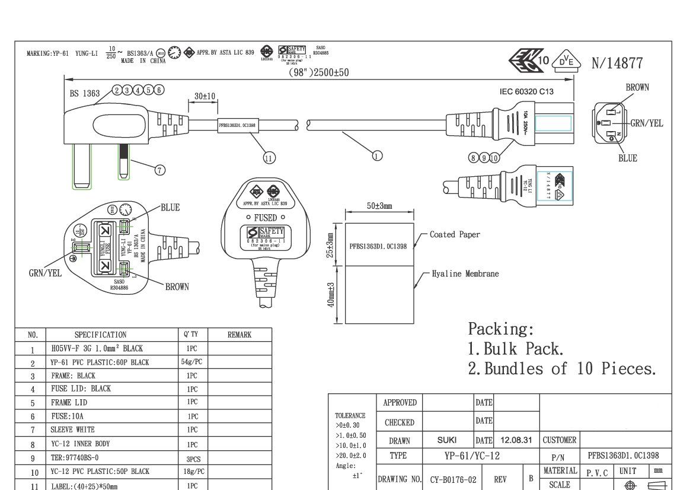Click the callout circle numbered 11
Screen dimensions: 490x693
click(269, 158)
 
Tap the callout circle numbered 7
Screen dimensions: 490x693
click(160, 170)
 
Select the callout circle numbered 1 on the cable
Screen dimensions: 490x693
click(377, 156)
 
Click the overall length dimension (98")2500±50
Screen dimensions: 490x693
click(318, 72)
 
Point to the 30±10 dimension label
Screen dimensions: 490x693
click(205, 96)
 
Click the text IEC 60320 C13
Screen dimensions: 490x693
click(526, 91)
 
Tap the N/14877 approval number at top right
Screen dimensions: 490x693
click(617, 63)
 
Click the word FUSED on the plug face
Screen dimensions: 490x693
click(265, 218)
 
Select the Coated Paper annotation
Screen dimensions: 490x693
click(455, 234)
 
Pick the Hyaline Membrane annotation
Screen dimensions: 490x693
click(465, 274)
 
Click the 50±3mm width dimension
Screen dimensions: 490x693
click(379, 206)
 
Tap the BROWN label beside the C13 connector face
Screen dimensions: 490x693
click(637, 87)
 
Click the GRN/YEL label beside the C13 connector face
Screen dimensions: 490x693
click(646, 123)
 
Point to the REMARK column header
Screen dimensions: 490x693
click(239, 335)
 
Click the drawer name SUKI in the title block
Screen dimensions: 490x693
click(446, 440)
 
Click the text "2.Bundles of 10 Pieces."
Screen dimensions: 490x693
click(562, 369)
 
